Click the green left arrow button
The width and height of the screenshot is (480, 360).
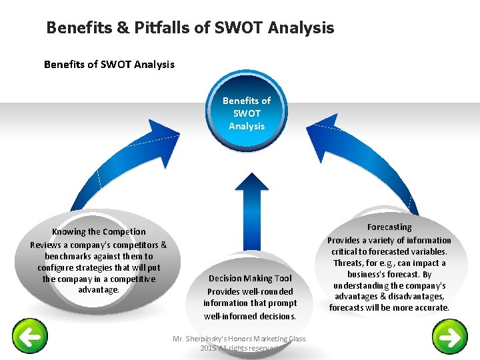30,337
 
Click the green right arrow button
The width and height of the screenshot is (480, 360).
450,337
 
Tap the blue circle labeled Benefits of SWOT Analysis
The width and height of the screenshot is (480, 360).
247,113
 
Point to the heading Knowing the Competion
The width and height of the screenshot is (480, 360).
99,232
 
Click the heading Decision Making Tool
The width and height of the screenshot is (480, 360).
250,279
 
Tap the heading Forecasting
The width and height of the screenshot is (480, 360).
389,227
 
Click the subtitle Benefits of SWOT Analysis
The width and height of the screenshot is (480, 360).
109,65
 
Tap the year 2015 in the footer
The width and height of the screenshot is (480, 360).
208,348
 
